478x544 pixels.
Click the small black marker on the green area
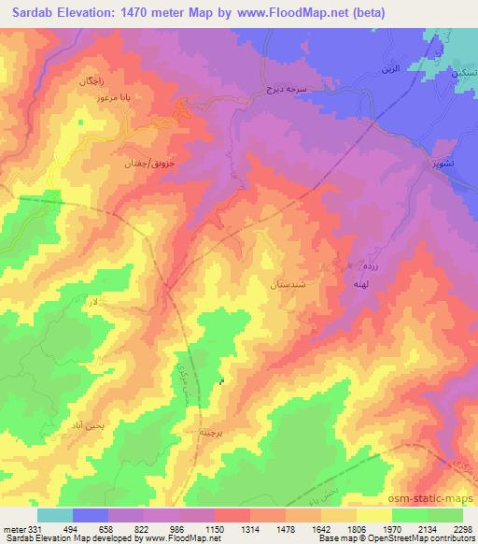pos(221,381)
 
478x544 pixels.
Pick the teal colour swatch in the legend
pos(55,514)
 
